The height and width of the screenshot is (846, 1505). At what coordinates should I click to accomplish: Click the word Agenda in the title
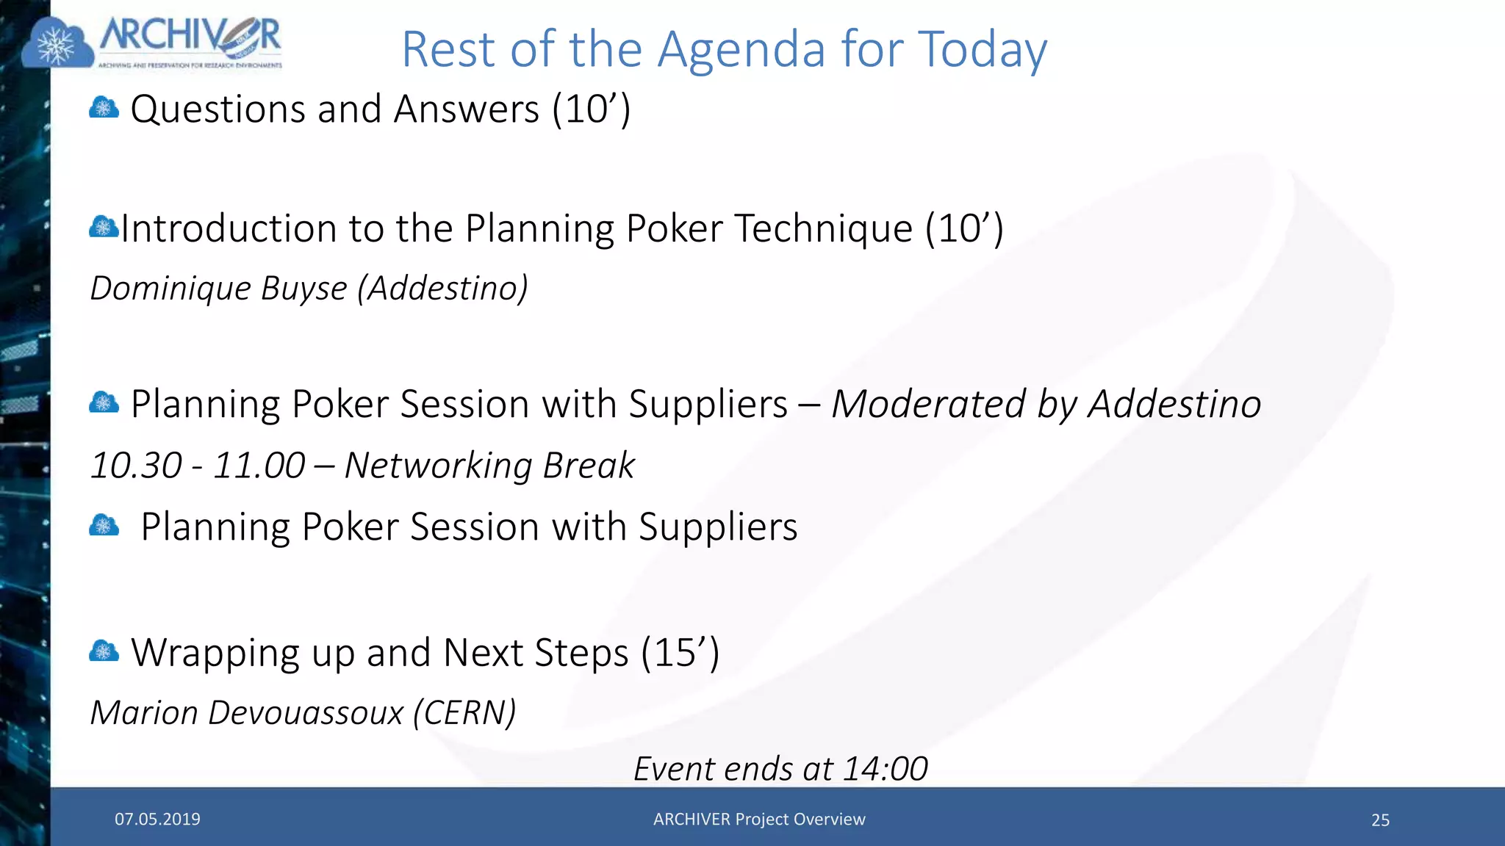point(741,50)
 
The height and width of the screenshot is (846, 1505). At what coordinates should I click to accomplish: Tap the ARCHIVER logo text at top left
point(190,37)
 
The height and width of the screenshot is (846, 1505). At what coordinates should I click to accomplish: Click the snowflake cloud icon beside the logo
point(57,44)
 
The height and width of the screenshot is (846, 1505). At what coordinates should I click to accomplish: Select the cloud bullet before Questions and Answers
point(104,109)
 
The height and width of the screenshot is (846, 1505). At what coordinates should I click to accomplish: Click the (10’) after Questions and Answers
point(592,109)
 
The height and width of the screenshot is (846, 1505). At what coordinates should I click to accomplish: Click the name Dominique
point(170,288)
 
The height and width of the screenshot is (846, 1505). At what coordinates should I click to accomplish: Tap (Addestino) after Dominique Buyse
point(443,288)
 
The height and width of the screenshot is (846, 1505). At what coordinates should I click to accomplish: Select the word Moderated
point(928,404)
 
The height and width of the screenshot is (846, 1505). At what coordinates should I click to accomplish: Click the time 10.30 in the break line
point(136,466)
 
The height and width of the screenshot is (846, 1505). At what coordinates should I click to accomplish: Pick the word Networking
point(438,466)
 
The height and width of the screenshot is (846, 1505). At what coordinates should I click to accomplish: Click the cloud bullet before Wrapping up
point(104,651)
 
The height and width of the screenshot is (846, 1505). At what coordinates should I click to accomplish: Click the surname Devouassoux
point(305,713)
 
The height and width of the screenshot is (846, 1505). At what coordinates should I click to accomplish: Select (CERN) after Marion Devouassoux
point(465,713)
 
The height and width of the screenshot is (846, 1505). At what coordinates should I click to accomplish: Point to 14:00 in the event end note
point(885,769)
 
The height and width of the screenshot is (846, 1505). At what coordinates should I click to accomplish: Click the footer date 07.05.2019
point(157,820)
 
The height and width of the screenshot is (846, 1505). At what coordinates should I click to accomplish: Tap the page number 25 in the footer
point(1380,820)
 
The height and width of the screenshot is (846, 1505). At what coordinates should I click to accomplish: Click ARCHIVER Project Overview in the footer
point(759,820)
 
